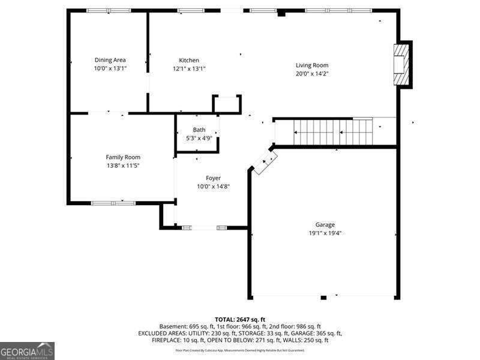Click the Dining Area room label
[x=110, y=60]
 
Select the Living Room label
[x=311, y=65]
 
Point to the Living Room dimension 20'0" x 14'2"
[x=311, y=74]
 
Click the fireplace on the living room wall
[x=401, y=65]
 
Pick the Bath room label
[x=199, y=130]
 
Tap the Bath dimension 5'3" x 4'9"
[x=199, y=138]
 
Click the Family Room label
[x=123, y=157]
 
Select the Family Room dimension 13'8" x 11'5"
[x=123, y=166]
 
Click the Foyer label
[x=213, y=178]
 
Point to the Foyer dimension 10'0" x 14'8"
[x=213, y=187]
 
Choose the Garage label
[x=325, y=225]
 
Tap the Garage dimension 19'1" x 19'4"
[x=325, y=233]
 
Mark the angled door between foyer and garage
[x=265, y=162]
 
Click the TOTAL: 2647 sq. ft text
[x=240, y=319]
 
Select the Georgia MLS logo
[x=27, y=350]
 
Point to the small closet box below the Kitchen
[x=227, y=104]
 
